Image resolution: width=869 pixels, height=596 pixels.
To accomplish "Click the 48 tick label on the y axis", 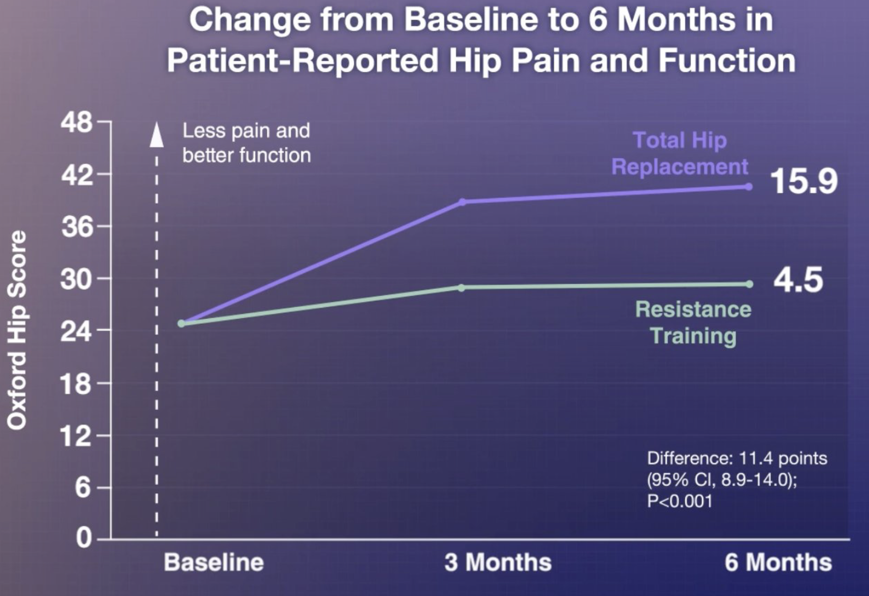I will point(76,123).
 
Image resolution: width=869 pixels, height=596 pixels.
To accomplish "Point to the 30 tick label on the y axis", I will point(76,279).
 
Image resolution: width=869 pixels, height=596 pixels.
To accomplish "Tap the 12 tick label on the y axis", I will point(76,436).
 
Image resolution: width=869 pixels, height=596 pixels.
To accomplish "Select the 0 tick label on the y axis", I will point(84,539).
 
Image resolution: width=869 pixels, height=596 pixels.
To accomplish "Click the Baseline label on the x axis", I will point(214,563).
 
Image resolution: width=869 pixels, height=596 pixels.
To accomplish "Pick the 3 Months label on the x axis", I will point(498,563).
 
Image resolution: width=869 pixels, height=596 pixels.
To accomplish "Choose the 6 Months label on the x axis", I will point(778,563).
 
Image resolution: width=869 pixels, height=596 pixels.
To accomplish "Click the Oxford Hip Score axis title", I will point(17,330).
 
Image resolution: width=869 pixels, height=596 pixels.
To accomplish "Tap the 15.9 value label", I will point(804,182).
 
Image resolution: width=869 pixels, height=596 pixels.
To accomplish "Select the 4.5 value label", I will point(798,280).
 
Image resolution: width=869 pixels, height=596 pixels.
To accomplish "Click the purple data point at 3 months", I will point(462,202).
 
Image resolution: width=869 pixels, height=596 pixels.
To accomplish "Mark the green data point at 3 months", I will point(461,288).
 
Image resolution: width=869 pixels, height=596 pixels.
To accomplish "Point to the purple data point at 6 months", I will point(749,187).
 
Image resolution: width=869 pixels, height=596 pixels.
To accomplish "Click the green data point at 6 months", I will point(749,284).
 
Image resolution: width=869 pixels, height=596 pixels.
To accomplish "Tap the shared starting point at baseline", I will point(181,324).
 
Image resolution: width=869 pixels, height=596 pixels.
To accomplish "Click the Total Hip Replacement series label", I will point(680,154).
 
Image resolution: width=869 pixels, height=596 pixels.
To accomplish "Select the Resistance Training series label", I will point(693,322).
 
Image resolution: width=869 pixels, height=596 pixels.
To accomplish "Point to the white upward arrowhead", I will point(156,134).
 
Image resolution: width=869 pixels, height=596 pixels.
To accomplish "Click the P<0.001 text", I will point(679,501).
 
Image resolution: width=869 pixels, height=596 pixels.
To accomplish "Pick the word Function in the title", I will point(727,61).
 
